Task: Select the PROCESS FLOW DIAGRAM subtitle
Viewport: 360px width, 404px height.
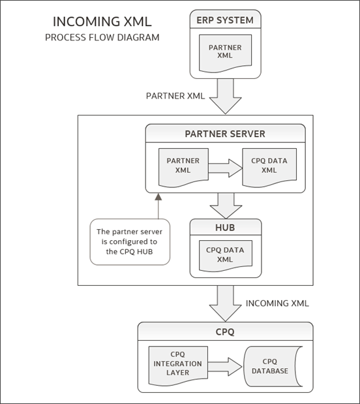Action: click(102, 38)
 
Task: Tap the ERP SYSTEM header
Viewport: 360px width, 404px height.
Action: click(224, 20)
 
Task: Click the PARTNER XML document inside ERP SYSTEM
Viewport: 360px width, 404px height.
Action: click(224, 52)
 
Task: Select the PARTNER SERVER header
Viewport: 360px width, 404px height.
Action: click(225, 134)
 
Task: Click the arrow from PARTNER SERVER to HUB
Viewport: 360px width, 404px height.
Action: click(225, 205)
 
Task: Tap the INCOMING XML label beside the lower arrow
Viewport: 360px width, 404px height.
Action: click(277, 303)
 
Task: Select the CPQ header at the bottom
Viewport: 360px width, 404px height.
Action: click(224, 331)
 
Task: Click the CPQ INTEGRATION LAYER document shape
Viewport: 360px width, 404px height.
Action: click(178, 364)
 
